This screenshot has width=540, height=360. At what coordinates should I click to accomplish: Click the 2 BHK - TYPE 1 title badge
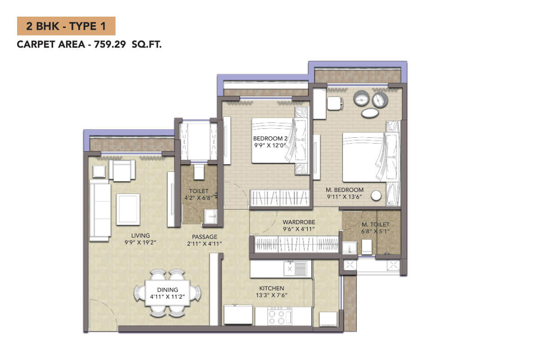[x=66, y=26]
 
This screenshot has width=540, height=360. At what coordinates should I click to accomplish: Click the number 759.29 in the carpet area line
[x=110, y=45]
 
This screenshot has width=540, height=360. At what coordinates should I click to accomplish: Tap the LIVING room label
[x=140, y=235]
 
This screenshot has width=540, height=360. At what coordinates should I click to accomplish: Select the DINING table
[x=167, y=293]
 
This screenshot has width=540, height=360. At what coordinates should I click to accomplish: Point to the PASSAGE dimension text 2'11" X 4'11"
[x=204, y=244]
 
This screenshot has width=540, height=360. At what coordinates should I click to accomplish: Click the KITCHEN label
[x=272, y=288]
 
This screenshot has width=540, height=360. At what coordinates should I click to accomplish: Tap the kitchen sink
[x=295, y=268]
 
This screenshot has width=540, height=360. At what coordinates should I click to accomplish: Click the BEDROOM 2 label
[x=270, y=139]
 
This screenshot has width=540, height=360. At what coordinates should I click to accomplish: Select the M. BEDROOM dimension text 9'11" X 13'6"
[x=345, y=197]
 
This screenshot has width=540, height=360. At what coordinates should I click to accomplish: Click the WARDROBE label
[x=299, y=222]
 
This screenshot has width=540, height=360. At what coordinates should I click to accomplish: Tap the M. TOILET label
[x=375, y=225]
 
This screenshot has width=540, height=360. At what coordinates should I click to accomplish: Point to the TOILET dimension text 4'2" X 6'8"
[x=198, y=198]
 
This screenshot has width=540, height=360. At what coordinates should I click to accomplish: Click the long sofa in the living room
[x=100, y=210]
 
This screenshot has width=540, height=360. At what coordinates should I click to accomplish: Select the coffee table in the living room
[x=128, y=210]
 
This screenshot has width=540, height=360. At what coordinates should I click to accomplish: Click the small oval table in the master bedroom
[x=370, y=113]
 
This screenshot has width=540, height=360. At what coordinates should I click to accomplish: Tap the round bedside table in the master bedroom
[x=376, y=196]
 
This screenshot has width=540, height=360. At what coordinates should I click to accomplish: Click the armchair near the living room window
[x=122, y=170]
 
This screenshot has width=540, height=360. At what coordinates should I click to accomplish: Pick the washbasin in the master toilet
[x=350, y=248]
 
